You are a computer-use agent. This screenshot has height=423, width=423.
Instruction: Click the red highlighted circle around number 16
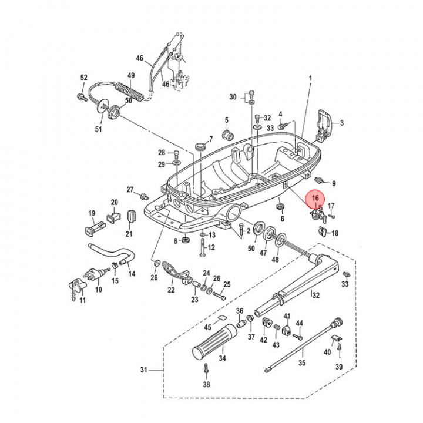tap(316, 200)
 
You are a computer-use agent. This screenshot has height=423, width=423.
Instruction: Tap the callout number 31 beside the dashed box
tap(145, 370)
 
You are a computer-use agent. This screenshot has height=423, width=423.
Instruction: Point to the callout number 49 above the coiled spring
tap(131, 75)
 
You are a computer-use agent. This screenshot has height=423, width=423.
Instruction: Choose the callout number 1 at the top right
tap(311, 78)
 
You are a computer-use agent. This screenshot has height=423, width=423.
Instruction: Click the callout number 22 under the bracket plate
tap(171, 290)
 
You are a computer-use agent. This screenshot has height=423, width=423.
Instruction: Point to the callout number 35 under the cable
tap(303, 363)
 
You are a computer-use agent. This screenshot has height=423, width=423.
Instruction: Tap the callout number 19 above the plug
tap(92, 213)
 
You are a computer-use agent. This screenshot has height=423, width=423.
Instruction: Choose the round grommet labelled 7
tap(201, 143)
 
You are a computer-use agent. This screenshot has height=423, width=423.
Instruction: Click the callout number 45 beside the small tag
tap(208, 327)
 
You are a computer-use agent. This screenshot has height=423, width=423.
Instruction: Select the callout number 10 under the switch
tap(98, 290)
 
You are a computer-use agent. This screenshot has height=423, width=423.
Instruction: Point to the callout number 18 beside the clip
tap(335, 233)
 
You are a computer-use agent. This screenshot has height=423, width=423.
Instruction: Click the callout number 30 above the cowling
tap(233, 97)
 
